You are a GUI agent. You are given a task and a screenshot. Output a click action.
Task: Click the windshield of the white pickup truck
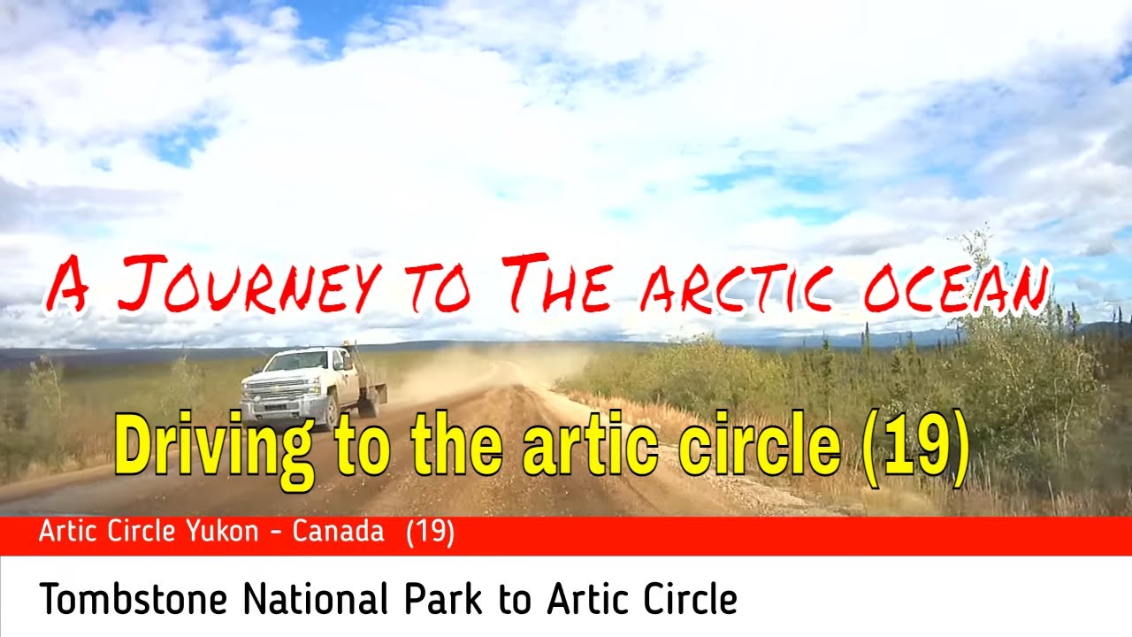pyautogui.click(x=295, y=361)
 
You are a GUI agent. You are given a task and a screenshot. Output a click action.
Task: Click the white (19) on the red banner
pyautogui.click(x=431, y=533)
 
